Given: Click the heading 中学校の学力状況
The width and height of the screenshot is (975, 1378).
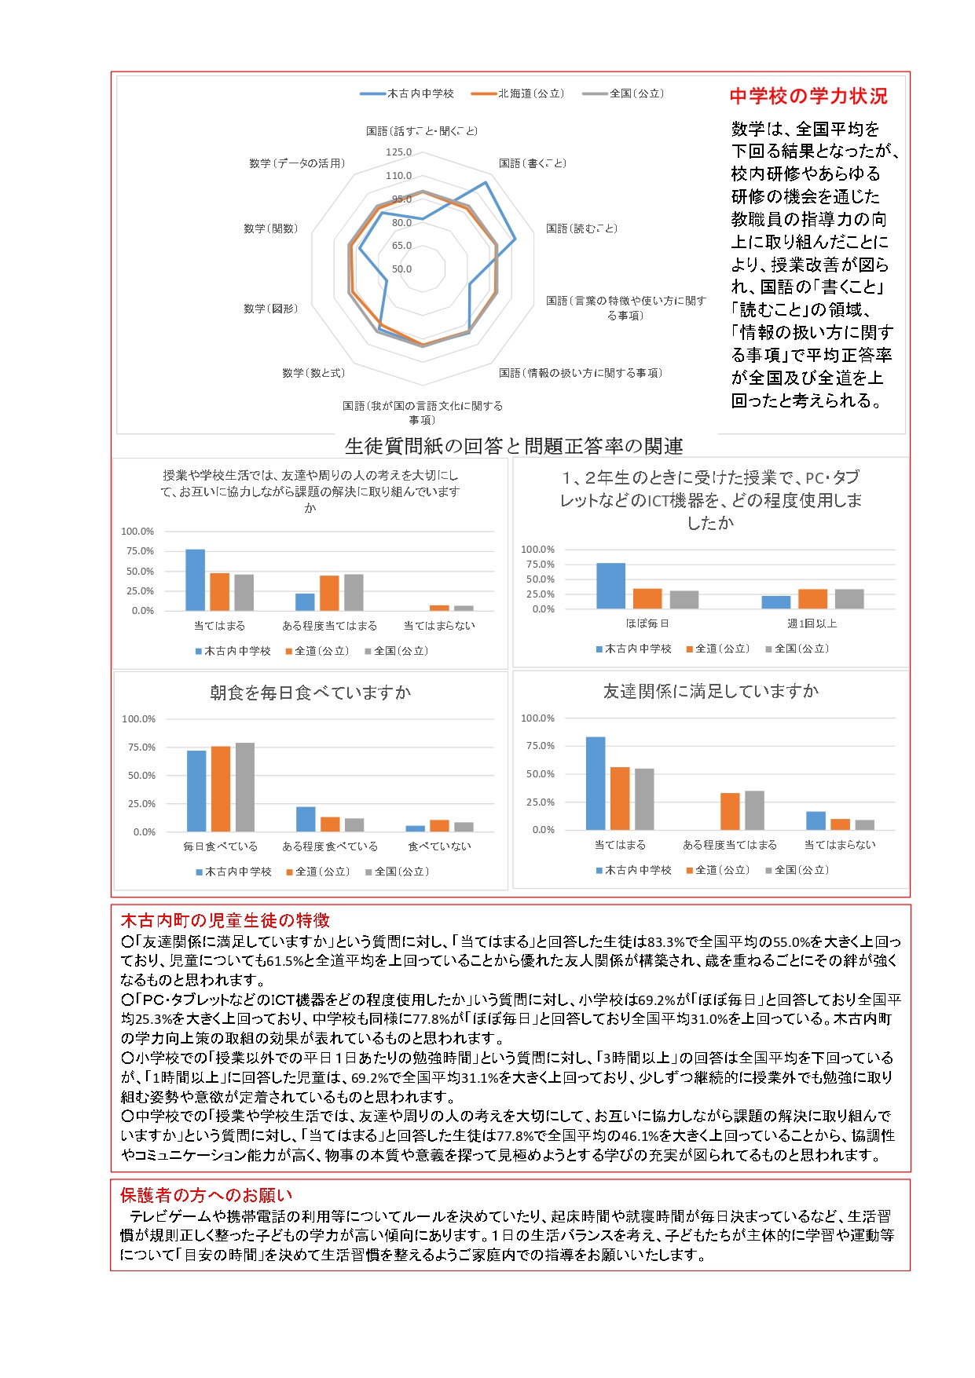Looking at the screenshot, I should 808,96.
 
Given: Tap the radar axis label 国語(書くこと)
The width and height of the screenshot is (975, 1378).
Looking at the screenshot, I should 532,163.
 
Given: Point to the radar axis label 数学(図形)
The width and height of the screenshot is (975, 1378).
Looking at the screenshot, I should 271,309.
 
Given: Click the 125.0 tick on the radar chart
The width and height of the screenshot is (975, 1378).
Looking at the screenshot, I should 398,152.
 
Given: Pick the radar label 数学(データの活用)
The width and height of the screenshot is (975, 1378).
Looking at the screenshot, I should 297,163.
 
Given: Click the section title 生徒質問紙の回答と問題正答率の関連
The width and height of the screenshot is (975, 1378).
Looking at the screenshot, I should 514,446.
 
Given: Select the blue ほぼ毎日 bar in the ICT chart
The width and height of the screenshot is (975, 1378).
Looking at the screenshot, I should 610,586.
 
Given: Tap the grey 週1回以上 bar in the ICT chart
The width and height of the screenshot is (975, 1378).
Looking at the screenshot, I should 849,599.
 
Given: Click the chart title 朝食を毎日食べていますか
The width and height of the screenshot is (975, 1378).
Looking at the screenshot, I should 310,693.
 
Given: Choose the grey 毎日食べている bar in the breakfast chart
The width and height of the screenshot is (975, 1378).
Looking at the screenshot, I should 244,787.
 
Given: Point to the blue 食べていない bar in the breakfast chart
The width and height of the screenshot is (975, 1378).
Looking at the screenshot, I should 415,828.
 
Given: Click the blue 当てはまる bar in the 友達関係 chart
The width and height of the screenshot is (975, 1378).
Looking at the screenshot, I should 596,783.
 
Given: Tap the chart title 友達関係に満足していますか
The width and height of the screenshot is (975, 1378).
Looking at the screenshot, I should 710,691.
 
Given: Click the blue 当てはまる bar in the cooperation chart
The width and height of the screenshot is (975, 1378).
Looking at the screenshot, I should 195,579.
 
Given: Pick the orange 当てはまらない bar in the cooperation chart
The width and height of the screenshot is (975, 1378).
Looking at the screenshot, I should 439,608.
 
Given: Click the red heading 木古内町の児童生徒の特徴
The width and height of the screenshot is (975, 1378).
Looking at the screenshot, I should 225,920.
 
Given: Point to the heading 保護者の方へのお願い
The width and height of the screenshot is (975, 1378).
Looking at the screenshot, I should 206,1195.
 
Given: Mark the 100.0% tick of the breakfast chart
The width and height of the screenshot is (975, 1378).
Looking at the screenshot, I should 139,719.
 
